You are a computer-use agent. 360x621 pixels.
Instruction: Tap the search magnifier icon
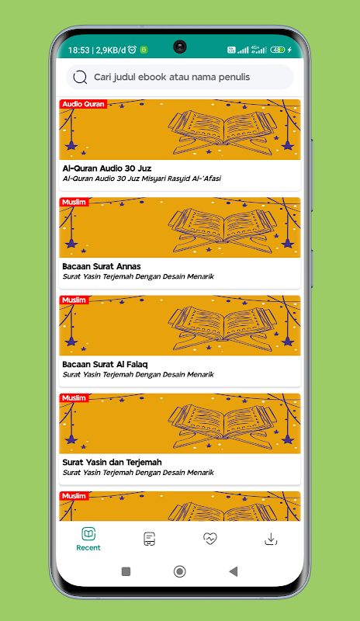click(x=80, y=77)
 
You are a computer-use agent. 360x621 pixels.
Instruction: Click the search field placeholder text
click(x=172, y=77)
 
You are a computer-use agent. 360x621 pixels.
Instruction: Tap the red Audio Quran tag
click(x=83, y=104)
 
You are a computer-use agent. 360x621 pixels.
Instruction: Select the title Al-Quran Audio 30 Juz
click(x=107, y=168)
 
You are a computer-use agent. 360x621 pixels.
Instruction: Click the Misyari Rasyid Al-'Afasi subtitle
click(x=142, y=179)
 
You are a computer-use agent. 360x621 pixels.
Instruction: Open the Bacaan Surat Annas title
click(x=102, y=266)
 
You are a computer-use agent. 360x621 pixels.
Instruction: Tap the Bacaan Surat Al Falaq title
click(x=105, y=364)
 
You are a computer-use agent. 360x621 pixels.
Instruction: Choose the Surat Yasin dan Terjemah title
click(x=112, y=462)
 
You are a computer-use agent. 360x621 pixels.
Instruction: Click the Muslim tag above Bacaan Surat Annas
click(x=74, y=202)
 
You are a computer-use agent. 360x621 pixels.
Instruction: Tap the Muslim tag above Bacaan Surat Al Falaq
click(x=74, y=300)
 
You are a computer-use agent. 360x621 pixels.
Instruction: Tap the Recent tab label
click(x=88, y=548)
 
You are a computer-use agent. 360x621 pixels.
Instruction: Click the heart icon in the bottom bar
click(x=210, y=539)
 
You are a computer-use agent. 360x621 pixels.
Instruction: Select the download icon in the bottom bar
click(x=271, y=539)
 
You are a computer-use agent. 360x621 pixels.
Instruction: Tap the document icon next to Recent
click(x=149, y=539)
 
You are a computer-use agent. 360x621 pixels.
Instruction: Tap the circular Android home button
click(x=179, y=571)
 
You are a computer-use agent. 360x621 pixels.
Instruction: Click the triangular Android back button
click(x=234, y=571)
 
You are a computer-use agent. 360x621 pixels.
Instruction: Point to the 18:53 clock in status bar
click(x=79, y=50)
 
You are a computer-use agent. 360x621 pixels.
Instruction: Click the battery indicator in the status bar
click(x=278, y=50)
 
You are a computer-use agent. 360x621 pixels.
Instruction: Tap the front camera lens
click(x=180, y=47)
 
